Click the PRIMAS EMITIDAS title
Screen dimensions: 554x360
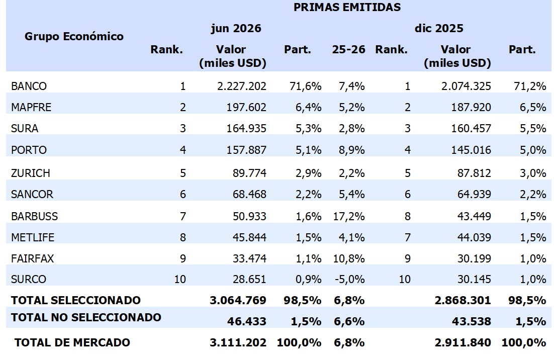pos(347,7)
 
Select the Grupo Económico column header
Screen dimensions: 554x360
pos(74,36)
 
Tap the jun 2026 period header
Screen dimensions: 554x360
pos(236,28)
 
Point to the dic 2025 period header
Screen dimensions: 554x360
pos(439,28)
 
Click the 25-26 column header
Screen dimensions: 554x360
pos(348,49)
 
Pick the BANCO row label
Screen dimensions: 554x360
pos(29,86)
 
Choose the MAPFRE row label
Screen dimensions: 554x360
pos(31,107)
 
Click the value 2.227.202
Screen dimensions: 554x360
pos(241,86)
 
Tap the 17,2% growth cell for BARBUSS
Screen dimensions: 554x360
pos(349,216)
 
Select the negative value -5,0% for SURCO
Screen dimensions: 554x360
pos(349,279)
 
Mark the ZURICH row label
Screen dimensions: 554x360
pos(30,173)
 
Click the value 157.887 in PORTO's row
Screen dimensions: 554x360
pos(246,150)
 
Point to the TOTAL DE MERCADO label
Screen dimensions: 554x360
pos(72,342)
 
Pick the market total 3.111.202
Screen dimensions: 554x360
pos(238,342)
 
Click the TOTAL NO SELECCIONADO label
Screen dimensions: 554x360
pos(86,317)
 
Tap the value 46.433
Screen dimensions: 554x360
pos(247,321)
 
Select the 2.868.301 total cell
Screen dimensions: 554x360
pos(463,300)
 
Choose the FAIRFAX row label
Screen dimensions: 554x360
pos(32,258)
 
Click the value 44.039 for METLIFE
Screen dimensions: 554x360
pos(474,237)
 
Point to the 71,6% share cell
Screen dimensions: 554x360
pos(305,86)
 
